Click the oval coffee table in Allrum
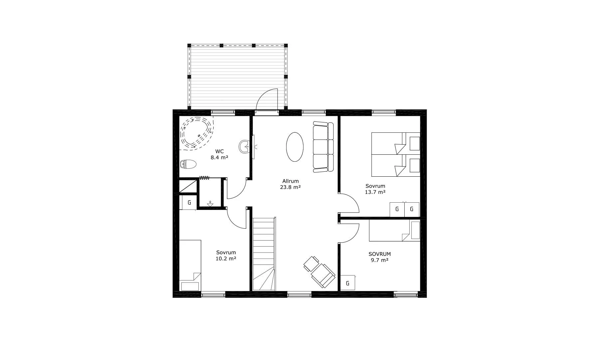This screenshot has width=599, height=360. point(295,147)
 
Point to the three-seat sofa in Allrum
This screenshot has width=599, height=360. point(323,147)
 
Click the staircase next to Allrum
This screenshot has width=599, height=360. point(264,254)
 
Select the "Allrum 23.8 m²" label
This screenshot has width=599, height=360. point(290,184)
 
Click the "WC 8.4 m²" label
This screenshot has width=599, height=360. point(219,155)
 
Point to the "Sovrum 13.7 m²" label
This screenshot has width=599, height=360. point(375,189)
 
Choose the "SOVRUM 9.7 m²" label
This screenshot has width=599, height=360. point(380,257)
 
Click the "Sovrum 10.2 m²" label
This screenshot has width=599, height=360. point(226,255)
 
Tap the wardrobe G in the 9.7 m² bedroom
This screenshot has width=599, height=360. point(348,283)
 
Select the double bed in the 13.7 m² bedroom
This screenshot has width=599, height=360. point(396,154)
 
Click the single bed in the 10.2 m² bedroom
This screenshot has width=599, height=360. point(190,265)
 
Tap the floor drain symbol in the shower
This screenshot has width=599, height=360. point(210,204)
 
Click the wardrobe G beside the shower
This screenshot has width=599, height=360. point(189,202)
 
